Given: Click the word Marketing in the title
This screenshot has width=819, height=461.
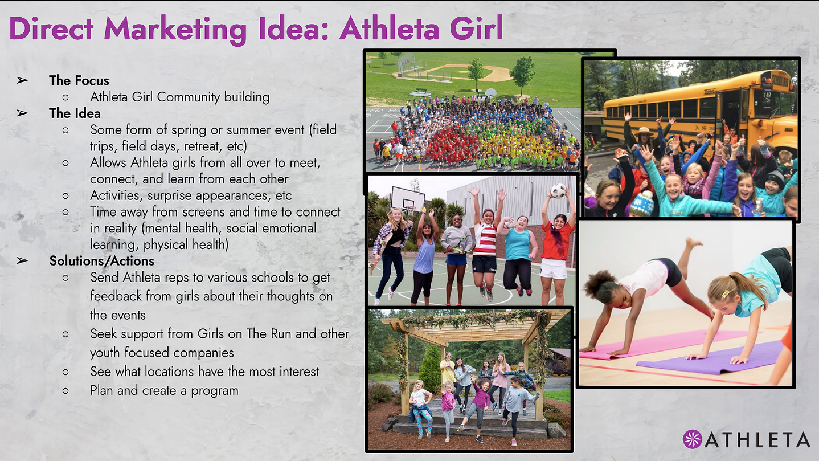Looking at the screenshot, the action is (x=175, y=29).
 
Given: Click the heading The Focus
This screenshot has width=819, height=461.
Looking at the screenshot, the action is (x=79, y=80).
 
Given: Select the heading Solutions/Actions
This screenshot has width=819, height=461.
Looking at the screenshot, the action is (x=101, y=261).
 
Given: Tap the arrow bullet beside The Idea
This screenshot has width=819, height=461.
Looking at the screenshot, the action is (x=22, y=113).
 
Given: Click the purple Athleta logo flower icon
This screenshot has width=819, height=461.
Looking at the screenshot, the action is (x=692, y=439).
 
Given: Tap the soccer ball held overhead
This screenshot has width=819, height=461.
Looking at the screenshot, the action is (x=558, y=191).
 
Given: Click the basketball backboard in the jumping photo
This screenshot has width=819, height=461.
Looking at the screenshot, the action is (x=408, y=199).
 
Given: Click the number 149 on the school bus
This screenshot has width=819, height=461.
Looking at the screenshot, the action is (x=767, y=96).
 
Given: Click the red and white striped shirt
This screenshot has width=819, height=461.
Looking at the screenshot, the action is (x=485, y=240).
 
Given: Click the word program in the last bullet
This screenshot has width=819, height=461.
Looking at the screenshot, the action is (x=215, y=391).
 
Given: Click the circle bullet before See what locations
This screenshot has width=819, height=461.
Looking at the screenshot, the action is (x=65, y=372).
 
